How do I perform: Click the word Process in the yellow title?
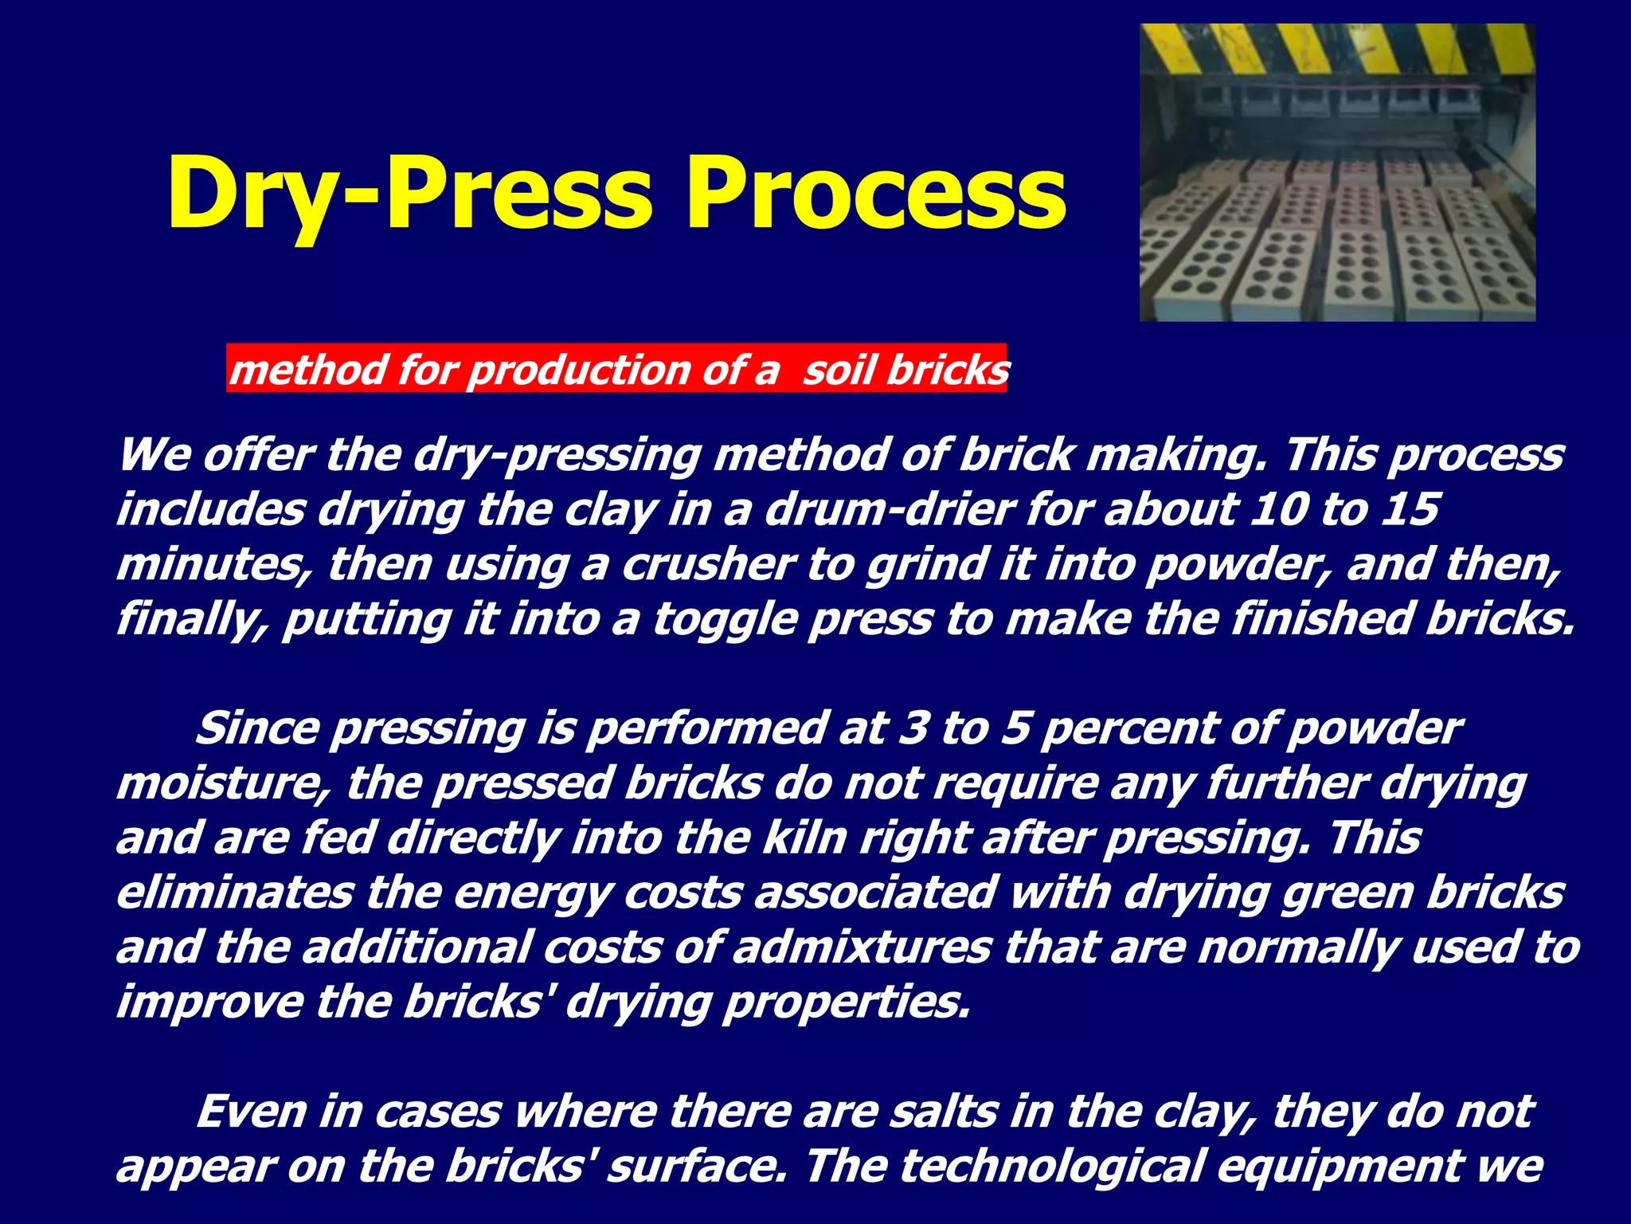(x=876, y=193)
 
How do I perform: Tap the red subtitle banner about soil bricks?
(x=617, y=369)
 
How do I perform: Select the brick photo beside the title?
(x=1337, y=173)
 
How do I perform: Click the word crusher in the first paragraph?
(x=708, y=564)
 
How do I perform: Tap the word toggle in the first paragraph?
(x=725, y=620)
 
